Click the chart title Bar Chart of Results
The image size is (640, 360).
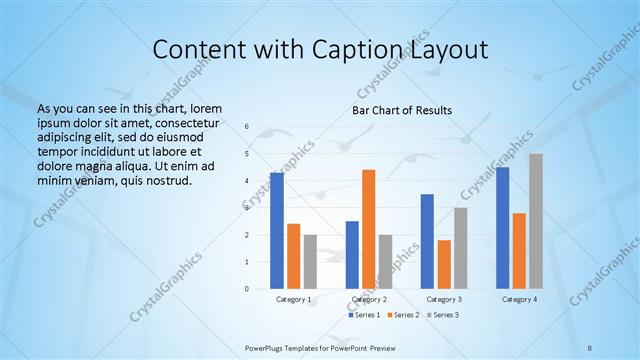401,110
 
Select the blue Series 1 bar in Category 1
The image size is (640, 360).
276,231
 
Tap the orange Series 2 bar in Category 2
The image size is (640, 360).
368,229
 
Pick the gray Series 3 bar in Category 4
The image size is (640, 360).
536,221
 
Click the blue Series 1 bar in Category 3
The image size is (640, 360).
427,241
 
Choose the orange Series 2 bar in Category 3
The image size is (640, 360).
444,264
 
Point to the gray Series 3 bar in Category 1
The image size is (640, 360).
310,262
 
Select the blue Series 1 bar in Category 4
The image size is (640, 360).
502,228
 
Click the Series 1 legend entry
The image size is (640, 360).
364,315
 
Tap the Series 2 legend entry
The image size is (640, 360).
404,315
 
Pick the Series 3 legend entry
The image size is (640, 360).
444,315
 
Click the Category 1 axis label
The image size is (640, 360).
293,299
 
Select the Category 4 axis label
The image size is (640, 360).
519,299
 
